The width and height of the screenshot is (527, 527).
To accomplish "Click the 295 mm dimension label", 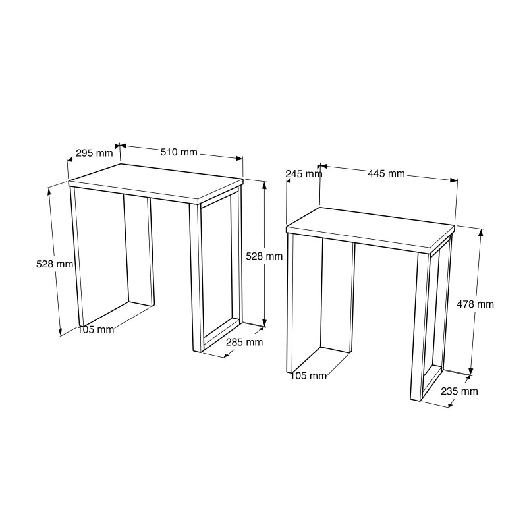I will point(94,153).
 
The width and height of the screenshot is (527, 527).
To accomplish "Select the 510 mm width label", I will point(179,152).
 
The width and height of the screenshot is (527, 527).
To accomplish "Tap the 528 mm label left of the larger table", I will point(55,263).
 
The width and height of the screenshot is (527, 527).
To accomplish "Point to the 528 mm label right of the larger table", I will point(264,256).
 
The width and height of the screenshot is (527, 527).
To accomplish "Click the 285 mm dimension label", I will point(244,342).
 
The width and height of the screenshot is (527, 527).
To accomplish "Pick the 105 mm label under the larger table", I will point(96,329).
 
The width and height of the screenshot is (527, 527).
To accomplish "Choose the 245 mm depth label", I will point(304,174).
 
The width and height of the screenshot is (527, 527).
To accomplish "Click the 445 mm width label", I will point(386,173).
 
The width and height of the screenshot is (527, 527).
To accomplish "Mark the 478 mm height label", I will point(475,304).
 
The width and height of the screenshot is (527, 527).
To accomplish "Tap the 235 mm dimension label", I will point(459,391).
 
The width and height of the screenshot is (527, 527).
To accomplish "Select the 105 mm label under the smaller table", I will point(308,375).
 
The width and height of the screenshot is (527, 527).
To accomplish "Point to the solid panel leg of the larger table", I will point(138,250).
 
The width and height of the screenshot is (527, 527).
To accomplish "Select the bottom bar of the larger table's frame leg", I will point(220,335).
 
